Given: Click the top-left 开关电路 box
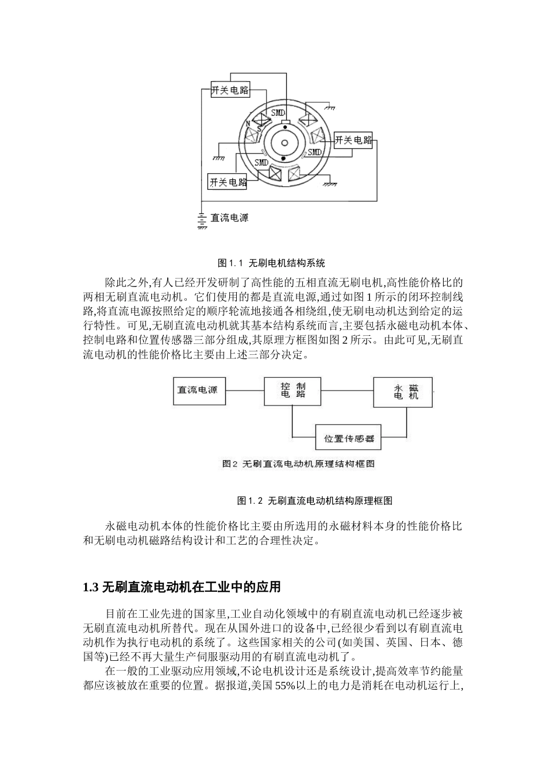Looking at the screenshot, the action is [x=230, y=90].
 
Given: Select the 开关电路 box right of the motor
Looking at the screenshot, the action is [x=353, y=140].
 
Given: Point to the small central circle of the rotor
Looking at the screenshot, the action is [x=283, y=141].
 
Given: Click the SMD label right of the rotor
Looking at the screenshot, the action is [x=314, y=152].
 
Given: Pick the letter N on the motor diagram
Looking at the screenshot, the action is [x=248, y=124].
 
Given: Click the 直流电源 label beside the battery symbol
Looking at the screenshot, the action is [x=229, y=218].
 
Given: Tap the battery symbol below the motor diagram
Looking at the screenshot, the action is [x=202, y=219].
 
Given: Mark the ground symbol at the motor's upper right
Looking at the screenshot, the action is [x=329, y=108].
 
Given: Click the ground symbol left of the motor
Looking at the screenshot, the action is [x=219, y=157].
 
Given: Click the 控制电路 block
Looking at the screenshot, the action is [x=293, y=391].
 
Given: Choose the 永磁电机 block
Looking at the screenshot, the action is [x=402, y=392].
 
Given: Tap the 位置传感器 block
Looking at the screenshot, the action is [x=349, y=438].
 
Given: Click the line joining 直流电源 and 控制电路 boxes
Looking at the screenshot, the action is [x=244, y=391].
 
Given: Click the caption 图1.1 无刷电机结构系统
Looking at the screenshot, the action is [x=272, y=263].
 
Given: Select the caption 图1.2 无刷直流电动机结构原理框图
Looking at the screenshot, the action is [x=315, y=500].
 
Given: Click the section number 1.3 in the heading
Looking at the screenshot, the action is [x=90, y=587].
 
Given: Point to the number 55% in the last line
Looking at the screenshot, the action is [x=285, y=685].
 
